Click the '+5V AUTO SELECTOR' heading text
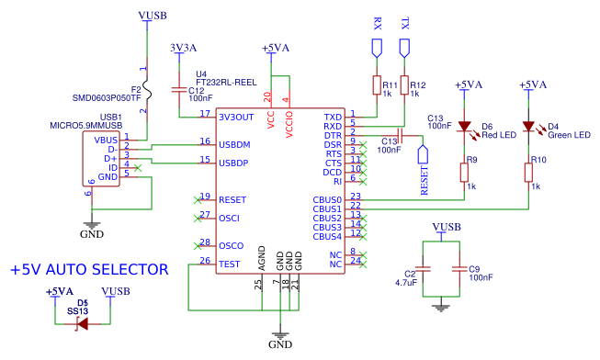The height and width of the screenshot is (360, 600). [89, 270]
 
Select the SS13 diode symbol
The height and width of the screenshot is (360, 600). [83, 322]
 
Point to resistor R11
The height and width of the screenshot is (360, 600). [377, 86]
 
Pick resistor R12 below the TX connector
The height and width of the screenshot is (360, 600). [404, 86]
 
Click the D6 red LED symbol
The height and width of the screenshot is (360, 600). [464, 127]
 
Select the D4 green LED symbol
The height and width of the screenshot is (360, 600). [528, 127]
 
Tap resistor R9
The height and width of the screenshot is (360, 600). [464, 173]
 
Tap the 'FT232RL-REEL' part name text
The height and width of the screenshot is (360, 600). [224, 81]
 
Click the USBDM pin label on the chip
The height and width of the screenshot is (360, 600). [234, 144]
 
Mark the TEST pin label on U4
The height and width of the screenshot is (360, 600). [230, 264]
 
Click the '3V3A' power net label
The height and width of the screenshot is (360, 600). [183, 47]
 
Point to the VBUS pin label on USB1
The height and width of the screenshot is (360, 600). [106, 140]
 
